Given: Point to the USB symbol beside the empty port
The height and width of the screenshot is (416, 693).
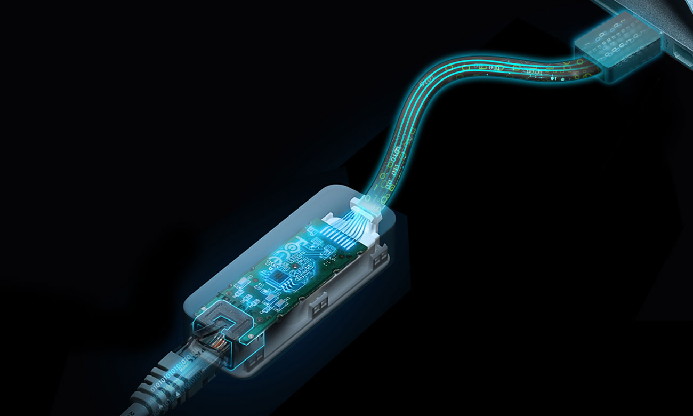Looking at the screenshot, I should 672,38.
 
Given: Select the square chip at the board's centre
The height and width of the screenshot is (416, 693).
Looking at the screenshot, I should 278,276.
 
